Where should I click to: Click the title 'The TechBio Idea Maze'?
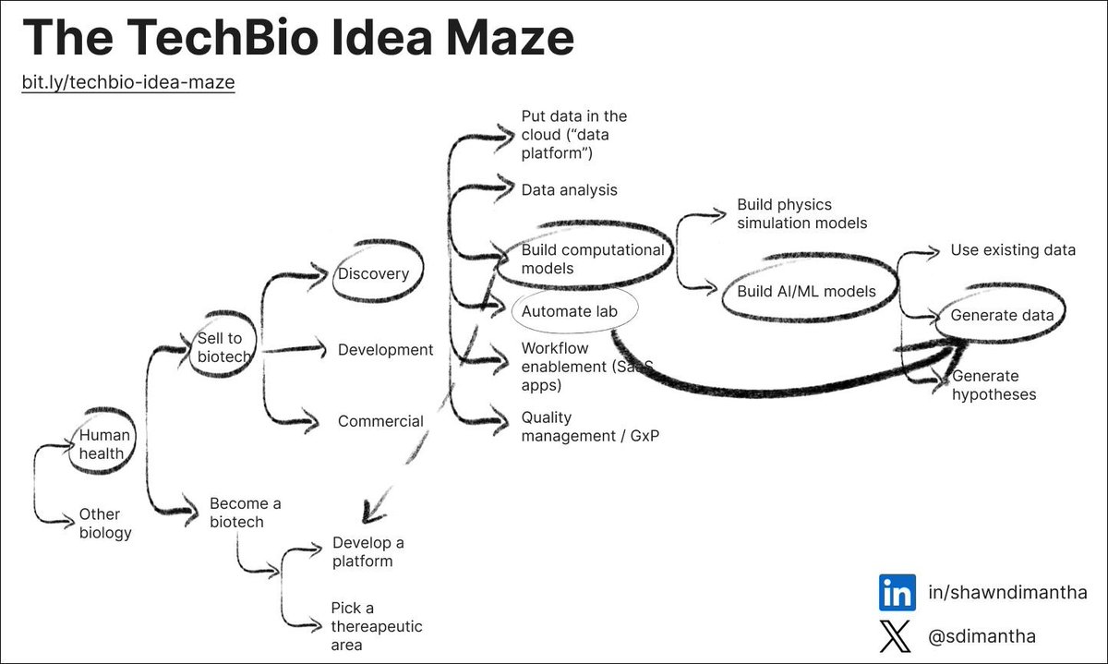click(297, 39)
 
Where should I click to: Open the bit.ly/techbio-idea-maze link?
click(128, 83)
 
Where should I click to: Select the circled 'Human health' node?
click(104, 444)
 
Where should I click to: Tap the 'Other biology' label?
click(104, 523)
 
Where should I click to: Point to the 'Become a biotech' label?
click(245, 513)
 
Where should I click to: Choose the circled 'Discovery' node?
click(373, 273)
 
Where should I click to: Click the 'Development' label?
click(385, 350)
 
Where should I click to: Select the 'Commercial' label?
click(380, 421)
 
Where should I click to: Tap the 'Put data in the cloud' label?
click(573, 134)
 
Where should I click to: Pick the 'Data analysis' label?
click(569, 189)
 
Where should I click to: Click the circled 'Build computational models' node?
click(592, 259)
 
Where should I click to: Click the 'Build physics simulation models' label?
click(801, 213)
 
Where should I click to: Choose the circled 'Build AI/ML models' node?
click(806, 292)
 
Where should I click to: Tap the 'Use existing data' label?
click(1013, 250)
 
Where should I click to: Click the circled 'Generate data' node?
click(1002, 315)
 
